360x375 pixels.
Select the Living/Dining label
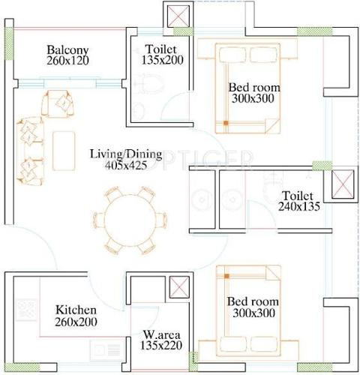pos(121,154)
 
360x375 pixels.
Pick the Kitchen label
pos(76,309)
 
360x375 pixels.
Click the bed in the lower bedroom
pos(252,312)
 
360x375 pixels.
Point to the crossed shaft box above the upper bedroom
pos(178,16)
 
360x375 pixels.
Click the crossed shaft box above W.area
pos(180,288)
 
